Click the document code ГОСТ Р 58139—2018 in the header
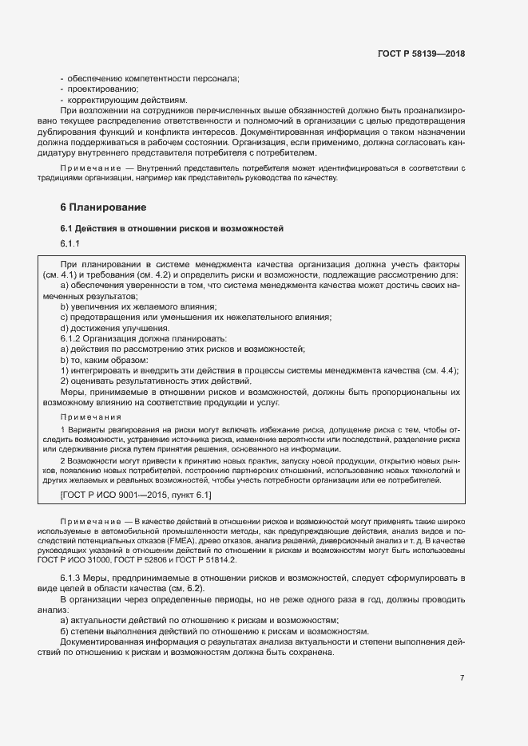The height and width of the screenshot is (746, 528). click(x=421, y=54)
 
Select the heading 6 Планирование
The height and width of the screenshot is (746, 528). click(x=103, y=207)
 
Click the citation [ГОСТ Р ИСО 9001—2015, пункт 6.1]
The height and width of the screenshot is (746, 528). click(x=136, y=495)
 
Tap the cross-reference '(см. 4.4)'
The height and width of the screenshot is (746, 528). click(x=441, y=370)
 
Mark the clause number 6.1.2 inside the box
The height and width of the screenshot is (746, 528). click(x=73, y=338)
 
